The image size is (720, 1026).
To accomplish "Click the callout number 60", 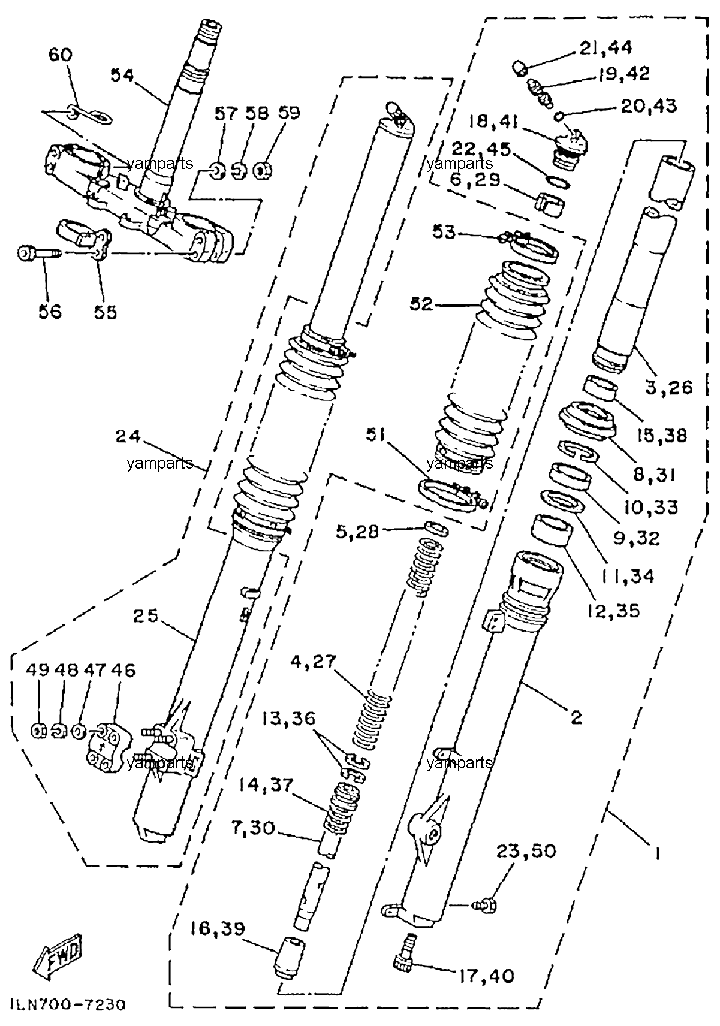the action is click(60, 55).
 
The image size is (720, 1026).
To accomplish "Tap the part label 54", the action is click(122, 76).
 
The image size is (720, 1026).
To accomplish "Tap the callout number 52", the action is click(421, 304).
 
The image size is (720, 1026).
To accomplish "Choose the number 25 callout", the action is click(146, 616).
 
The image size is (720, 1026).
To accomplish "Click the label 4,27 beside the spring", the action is click(314, 662).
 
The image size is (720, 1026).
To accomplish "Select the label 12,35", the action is click(612, 611).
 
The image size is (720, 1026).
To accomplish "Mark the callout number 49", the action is click(37, 671).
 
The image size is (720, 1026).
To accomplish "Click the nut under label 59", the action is click(262, 172).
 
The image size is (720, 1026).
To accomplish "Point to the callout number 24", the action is click(128, 436).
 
